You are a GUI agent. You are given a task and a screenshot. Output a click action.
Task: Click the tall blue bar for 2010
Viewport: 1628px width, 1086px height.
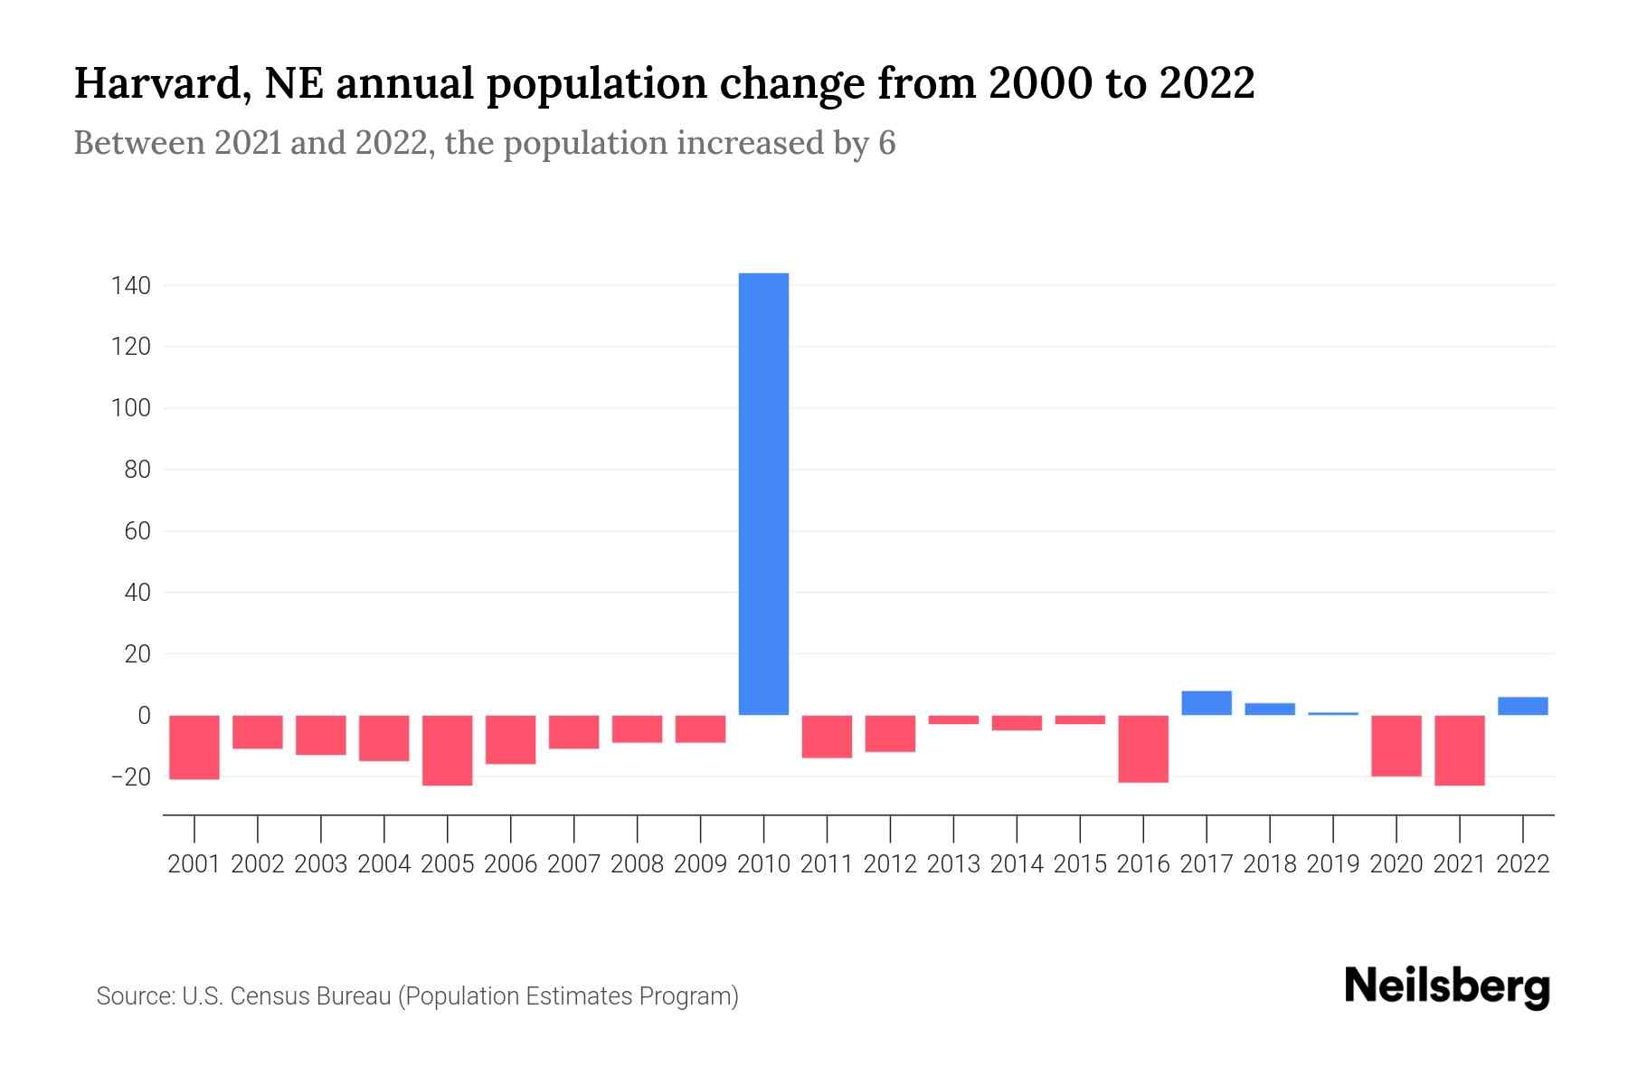point(763,493)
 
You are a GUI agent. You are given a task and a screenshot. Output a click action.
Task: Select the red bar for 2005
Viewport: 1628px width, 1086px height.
point(448,750)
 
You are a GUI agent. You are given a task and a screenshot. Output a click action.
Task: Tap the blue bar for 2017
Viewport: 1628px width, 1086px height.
point(1207,703)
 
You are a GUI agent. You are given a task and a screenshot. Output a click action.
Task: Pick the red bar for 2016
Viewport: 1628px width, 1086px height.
point(1143,748)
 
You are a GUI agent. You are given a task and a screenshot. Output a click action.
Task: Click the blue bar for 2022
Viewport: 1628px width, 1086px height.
point(1523,706)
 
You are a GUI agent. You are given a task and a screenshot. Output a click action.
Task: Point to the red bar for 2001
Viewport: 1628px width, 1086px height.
point(194,747)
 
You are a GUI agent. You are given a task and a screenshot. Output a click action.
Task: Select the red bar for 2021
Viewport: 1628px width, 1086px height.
point(1460,750)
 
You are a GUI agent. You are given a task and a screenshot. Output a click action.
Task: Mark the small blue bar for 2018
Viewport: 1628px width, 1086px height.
point(1270,709)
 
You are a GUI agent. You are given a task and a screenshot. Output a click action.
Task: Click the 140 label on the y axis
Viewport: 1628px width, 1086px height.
point(130,286)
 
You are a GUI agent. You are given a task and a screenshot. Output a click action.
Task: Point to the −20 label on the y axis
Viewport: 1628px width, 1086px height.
point(130,777)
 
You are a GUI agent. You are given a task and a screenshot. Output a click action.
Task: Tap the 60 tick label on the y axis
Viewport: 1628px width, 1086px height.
point(137,531)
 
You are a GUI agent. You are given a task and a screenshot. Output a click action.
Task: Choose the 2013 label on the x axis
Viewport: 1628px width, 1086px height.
point(953,864)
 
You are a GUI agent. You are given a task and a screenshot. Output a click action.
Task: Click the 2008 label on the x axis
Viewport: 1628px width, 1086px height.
point(637,864)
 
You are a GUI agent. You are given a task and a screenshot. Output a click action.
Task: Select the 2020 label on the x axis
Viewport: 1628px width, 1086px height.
point(1396,864)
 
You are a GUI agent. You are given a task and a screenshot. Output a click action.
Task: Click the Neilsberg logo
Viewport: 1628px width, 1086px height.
point(1447,986)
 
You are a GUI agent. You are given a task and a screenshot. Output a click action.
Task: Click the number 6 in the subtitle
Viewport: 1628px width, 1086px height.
point(886,143)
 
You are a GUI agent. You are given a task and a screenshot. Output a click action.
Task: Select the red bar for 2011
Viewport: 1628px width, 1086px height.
point(827,736)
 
